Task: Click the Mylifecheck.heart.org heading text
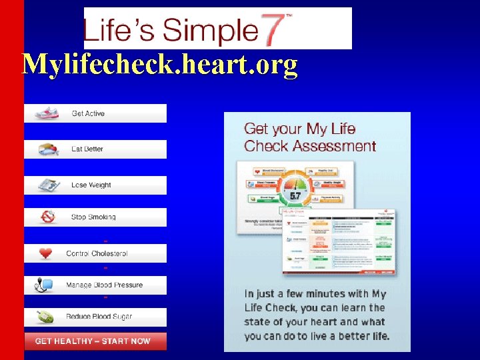pyautogui.click(x=160, y=65)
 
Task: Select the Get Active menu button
pyautogui.click(x=95, y=114)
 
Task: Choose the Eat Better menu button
pyautogui.click(x=95, y=149)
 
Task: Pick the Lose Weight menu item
pyautogui.click(x=95, y=185)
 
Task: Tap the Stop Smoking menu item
pyautogui.click(x=95, y=217)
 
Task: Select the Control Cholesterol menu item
pyautogui.click(x=95, y=253)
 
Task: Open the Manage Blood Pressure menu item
pyautogui.click(x=95, y=285)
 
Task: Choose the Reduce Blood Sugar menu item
pyautogui.click(x=95, y=317)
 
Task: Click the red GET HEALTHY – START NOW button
pyautogui.click(x=95, y=341)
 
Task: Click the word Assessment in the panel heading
pyautogui.click(x=335, y=146)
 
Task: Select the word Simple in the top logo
pyautogui.click(x=209, y=30)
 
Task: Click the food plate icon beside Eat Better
pyautogui.click(x=48, y=149)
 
